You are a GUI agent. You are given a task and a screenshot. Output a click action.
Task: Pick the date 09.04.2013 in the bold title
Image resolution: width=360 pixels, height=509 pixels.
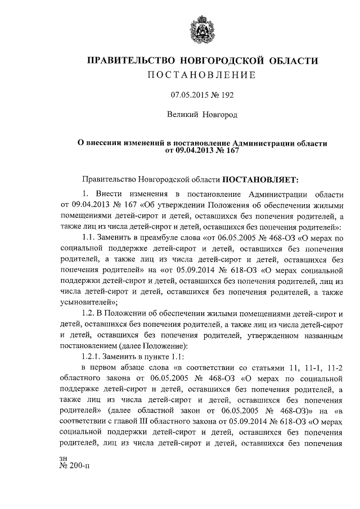pos(194,151)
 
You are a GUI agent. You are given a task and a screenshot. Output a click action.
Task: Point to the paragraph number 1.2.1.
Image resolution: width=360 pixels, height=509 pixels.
pos(93,355)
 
